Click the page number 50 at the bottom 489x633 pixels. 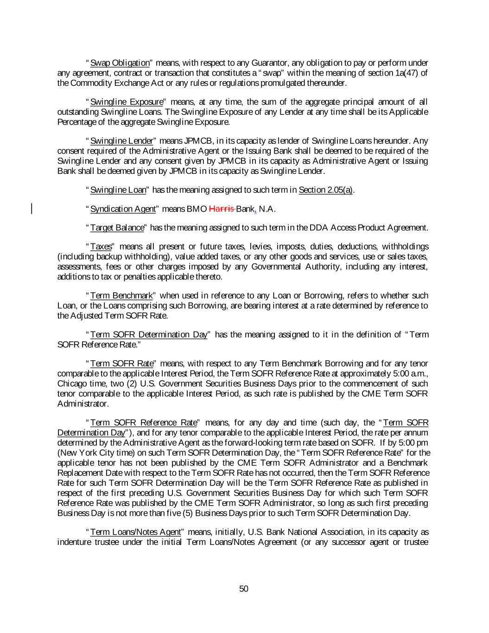[244, 589]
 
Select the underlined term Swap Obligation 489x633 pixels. [120, 63]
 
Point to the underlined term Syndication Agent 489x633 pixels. [122, 209]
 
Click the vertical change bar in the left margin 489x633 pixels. [32, 208]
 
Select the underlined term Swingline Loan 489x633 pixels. [118, 190]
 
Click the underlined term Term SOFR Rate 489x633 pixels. [121, 364]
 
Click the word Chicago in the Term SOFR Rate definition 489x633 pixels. [71, 384]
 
